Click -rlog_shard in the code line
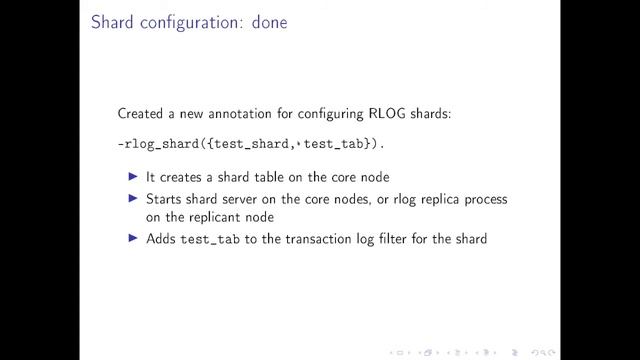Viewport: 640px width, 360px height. click(158, 146)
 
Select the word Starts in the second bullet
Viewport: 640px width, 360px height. click(165, 199)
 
